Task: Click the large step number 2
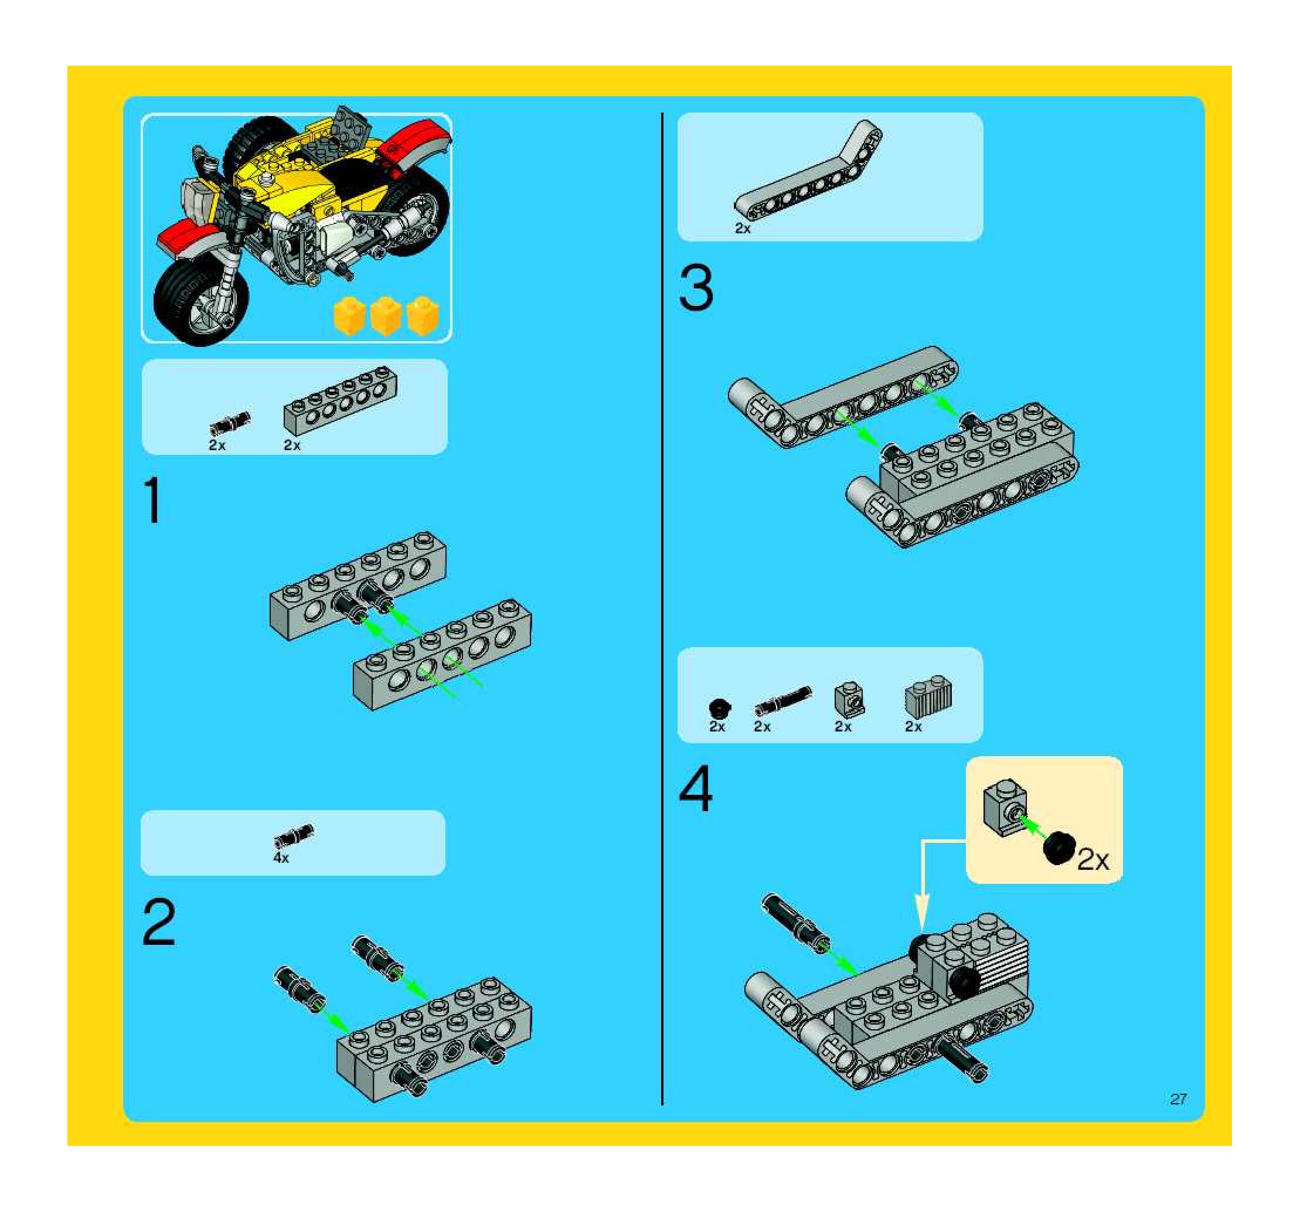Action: click(159, 922)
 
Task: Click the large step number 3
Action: click(696, 288)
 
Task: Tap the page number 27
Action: click(1178, 1099)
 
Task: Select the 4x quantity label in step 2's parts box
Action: click(281, 858)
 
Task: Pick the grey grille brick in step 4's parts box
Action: click(928, 699)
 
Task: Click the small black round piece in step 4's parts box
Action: click(719, 709)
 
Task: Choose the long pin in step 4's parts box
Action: click(782, 701)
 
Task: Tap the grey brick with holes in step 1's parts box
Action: click(340, 401)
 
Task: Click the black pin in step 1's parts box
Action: click(230, 423)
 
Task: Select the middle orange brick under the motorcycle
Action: click(386, 316)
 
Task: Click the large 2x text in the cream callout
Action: click(1093, 860)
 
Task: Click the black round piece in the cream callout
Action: click(1059, 848)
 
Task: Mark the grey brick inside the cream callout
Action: click(1005, 807)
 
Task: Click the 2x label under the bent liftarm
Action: click(743, 228)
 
